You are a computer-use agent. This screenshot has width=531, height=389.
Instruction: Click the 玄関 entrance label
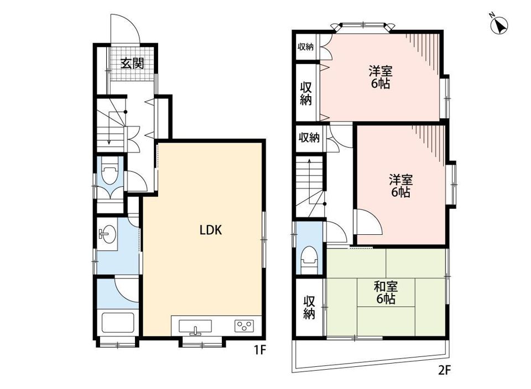click(x=132, y=63)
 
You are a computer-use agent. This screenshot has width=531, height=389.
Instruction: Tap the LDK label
click(x=210, y=230)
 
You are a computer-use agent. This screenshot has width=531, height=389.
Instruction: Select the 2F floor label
click(x=444, y=370)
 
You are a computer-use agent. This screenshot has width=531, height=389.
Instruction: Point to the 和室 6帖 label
click(x=386, y=293)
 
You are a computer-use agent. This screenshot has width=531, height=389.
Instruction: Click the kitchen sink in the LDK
click(x=195, y=327)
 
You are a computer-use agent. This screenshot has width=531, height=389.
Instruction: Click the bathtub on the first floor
click(x=118, y=323)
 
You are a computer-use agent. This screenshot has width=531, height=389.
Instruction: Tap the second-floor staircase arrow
click(x=309, y=183)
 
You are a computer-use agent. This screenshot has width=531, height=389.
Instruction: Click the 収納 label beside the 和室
click(x=309, y=307)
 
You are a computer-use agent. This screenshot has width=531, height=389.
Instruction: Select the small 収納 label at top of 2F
click(x=305, y=46)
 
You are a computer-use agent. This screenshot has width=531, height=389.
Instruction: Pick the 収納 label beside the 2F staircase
click(x=309, y=138)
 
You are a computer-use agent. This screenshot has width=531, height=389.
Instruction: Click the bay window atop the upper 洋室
click(x=362, y=27)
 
